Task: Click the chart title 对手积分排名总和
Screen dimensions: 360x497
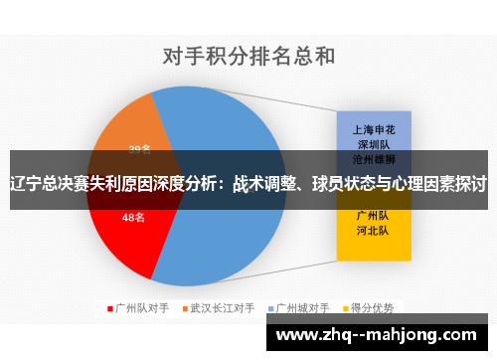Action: (248, 56)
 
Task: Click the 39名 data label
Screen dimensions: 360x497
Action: (140, 149)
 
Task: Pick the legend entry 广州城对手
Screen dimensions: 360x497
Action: (304, 308)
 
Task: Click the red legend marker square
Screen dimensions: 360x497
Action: (109, 308)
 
